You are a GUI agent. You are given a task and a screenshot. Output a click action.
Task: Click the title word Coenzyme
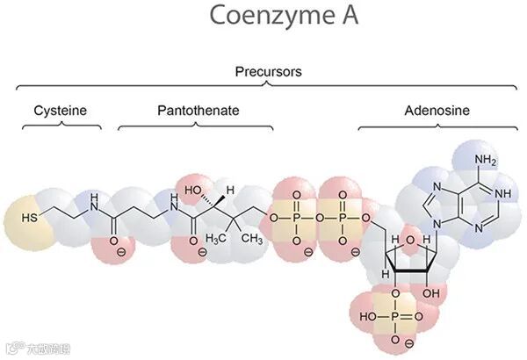[249, 16]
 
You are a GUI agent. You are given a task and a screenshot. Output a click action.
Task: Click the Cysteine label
[61, 112]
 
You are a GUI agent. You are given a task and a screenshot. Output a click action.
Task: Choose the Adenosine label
[437, 112]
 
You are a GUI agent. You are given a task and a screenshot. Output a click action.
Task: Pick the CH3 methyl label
[252, 238]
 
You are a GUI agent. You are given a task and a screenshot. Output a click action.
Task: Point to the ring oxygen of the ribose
[410, 235]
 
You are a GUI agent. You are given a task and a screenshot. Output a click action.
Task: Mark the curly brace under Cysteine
[61, 126]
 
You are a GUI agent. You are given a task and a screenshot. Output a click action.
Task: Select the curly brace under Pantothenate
[195, 126]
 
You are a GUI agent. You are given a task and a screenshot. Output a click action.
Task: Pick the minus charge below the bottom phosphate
[396, 339]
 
